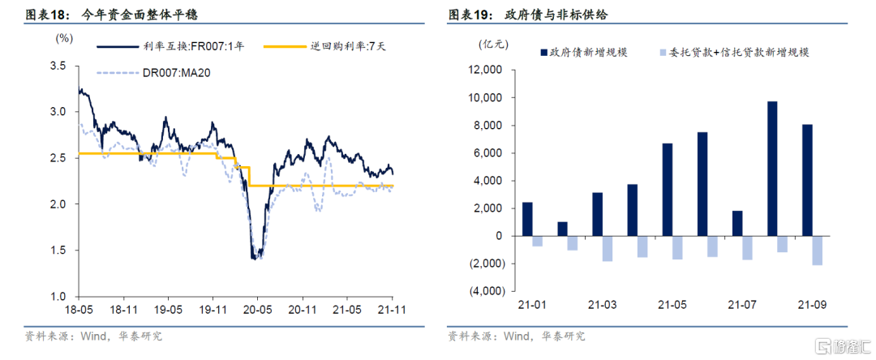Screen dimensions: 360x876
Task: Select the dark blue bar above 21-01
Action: [527, 219]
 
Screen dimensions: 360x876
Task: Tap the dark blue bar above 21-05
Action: [667, 190]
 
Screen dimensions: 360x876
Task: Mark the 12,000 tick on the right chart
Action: [486, 71]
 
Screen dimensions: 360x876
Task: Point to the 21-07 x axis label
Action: [742, 306]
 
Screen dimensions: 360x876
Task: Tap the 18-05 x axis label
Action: [79, 309]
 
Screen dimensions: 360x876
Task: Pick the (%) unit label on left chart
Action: [64, 38]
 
